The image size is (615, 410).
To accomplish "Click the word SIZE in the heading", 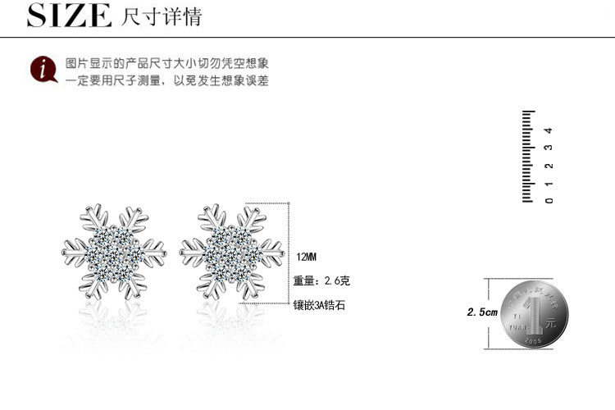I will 69,16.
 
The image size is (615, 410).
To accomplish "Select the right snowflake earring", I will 232,253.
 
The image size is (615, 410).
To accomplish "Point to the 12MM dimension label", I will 306,257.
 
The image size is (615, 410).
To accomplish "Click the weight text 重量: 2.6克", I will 321,281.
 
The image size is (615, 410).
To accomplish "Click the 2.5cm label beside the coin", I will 482,312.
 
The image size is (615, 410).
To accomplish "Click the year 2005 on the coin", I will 536,337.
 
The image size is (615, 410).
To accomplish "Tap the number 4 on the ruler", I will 549,130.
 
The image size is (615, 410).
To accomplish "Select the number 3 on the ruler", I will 549,148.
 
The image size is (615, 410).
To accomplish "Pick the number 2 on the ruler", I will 549,165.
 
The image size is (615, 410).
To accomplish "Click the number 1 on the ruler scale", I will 549,182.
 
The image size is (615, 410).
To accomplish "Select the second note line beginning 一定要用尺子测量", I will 167,81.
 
